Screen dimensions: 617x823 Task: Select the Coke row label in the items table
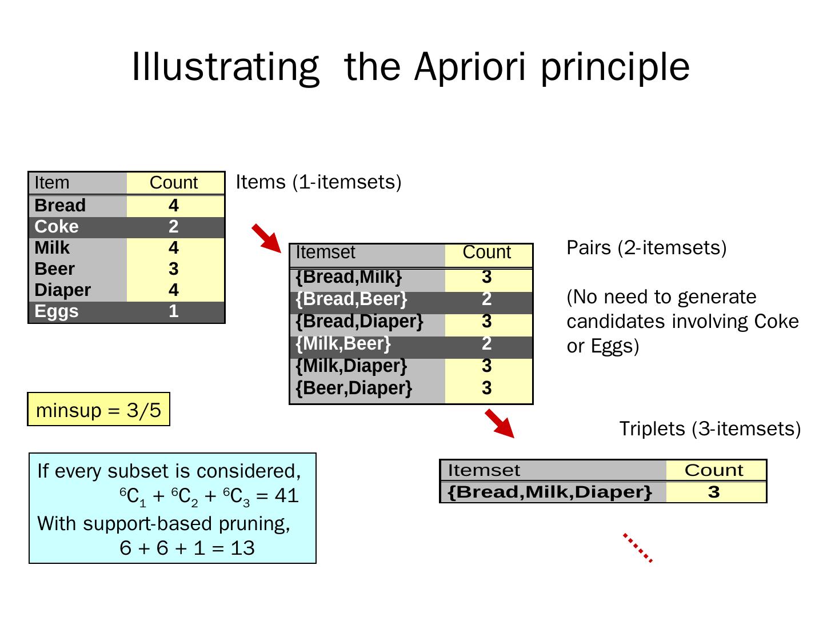pyautogui.click(x=57, y=227)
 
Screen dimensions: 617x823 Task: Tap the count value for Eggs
pyautogui.click(x=174, y=311)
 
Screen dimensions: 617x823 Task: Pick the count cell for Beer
pyautogui.click(x=174, y=269)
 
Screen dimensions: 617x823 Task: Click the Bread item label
pyautogui.click(x=60, y=206)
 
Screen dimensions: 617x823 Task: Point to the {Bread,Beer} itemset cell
pyautogui.click(x=351, y=299)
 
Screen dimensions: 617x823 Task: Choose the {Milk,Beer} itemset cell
pyautogui.click(x=343, y=343)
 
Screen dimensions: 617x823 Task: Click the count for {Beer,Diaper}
pyautogui.click(x=486, y=388)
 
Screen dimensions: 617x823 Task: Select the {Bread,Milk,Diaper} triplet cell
pyautogui.click(x=550, y=492)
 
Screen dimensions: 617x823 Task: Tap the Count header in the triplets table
pyautogui.click(x=714, y=470)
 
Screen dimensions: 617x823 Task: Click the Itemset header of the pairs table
pyautogui.click(x=325, y=253)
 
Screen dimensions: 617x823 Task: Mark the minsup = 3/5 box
pyautogui.click(x=98, y=410)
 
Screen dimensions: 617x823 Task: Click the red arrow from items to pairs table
pyautogui.click(x=266, y=238)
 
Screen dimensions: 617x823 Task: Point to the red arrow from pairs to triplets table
pyautogui.click(x=500, y=423)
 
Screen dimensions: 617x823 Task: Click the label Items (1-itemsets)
pyautogui.click(x=318, y=182)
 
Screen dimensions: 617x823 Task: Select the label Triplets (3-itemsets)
pyautogui.click(x=710, y=428)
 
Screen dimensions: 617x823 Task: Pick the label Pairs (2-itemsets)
pyautogui.click(x=646, y=247)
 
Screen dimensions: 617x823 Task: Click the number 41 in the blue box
pyautogui.click(x=287, y=495)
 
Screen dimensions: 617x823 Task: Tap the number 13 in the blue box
pyautogui.click(x=243, y=548)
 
